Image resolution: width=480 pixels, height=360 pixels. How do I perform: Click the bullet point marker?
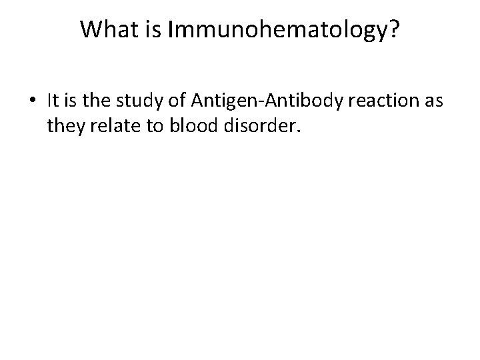[x=33, y=101]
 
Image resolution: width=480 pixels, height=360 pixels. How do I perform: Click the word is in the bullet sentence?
[x=74, y=100]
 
